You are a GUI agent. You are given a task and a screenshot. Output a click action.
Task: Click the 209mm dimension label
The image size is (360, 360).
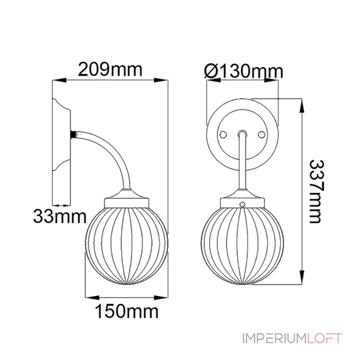pos(110,69)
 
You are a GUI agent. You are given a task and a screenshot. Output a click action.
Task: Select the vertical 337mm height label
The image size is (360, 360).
pos(315,191)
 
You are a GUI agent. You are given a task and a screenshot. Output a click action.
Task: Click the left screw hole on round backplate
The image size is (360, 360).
pos(222,134)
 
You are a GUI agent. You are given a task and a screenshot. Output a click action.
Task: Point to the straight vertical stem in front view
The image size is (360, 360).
pos(243,166)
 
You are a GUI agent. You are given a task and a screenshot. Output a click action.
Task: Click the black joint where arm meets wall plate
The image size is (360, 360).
pos(72,134)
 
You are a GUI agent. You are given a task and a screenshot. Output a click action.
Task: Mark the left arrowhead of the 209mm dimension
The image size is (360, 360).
pos(57,81)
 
